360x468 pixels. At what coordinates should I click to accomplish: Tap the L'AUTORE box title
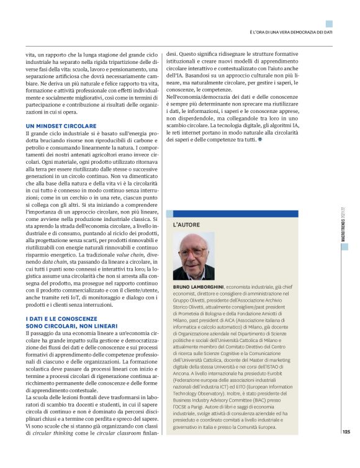click(x=186, y=223)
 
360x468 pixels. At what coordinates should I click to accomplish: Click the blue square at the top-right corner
click(x=329, y=24)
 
